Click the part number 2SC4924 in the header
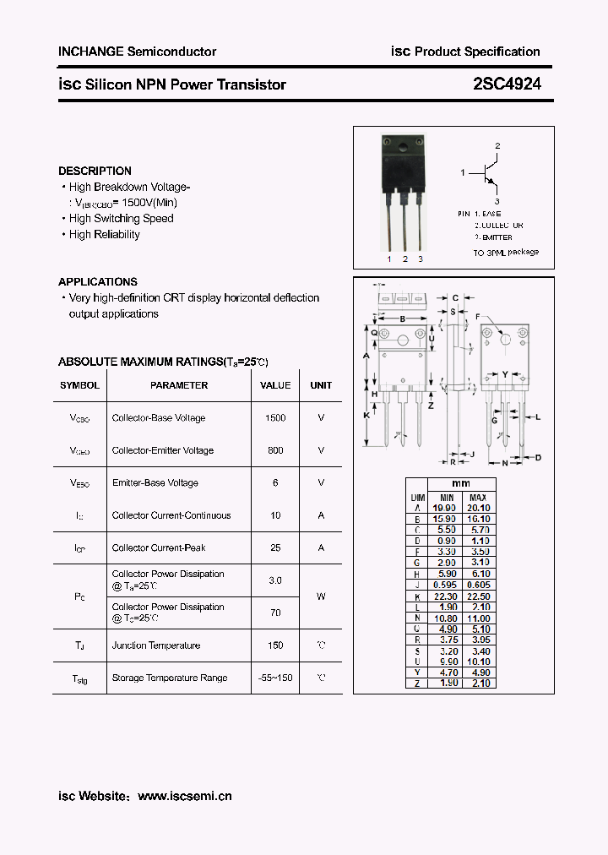507,84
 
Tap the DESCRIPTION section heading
95,171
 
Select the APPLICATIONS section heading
97,281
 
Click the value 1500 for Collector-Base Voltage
275,418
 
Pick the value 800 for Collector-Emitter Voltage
275,450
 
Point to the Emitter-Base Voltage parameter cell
155,483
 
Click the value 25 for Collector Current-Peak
275,547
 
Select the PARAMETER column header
179,385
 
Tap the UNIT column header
321,385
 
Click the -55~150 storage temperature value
275,678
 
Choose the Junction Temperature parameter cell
156,645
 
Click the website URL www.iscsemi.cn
184,796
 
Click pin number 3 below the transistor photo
421,259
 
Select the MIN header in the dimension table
447,498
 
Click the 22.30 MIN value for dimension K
447,596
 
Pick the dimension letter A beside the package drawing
366,356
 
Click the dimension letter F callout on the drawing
477,317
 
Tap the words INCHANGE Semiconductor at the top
137,52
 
